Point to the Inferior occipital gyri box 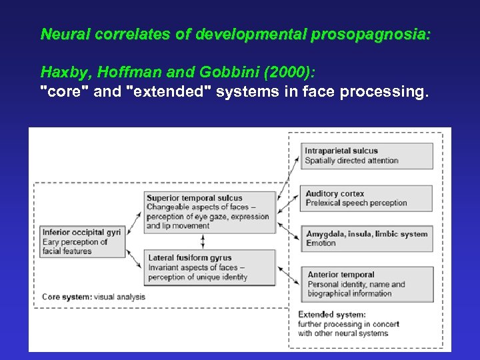tap(83, 242)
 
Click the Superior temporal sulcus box tap(210, 212)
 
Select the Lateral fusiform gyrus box tap(210, 267)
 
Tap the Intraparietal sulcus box tap(367, 155)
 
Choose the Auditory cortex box tap(367, 198)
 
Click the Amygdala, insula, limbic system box tap(367, 238)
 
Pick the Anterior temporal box tap(367, 283)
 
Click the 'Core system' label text tap(67, 297)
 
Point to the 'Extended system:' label tap(331, 315)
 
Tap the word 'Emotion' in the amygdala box tap(321, 243)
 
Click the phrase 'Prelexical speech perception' tap(356, 203)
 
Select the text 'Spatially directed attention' tap(351, 161)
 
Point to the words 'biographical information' tap(349, 293)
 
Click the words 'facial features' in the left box tap(68, 251)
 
